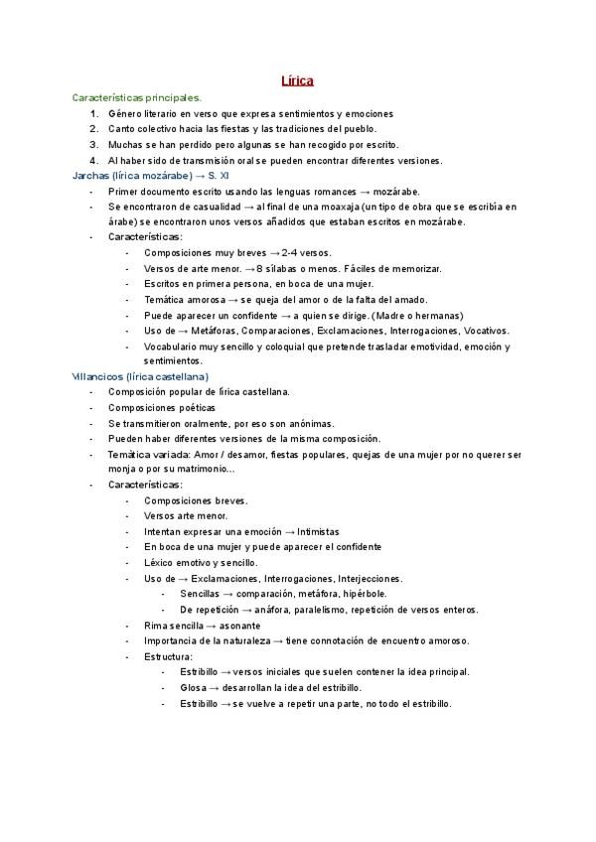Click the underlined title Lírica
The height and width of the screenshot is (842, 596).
(x=298, y=81)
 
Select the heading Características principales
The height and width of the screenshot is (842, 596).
(x=137, y=98)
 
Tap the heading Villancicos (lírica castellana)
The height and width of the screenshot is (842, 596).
(x=140, y=377)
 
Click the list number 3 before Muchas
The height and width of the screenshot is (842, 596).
(x=93, y=144)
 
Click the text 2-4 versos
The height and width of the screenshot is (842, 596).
(x=307, y=253)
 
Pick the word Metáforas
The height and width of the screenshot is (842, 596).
(x=223, y=331)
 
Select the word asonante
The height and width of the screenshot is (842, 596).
(x=237, y=626)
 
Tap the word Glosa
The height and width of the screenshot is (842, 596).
(x=193, y=687)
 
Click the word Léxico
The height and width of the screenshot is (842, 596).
(x=159, y=562)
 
